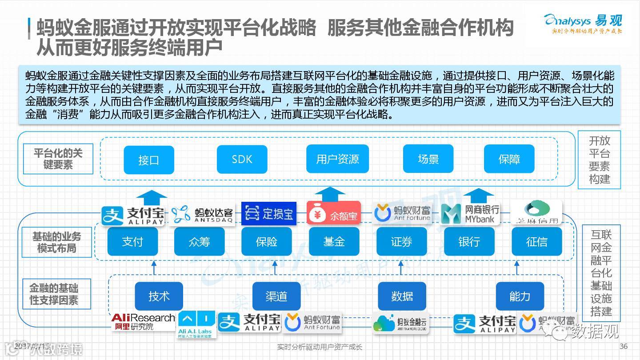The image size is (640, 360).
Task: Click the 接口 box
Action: pos(149,160)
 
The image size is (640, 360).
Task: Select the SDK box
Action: pos(242,159)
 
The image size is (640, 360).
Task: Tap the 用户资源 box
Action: pos(337,159)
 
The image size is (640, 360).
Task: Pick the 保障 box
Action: pos(509,159)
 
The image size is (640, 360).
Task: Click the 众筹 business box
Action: pos(199,241)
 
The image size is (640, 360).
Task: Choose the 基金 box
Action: pos(334,241)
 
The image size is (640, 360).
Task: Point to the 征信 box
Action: pos(536,241)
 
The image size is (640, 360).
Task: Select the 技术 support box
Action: pos(159,296)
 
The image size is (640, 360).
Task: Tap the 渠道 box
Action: pos(276,296)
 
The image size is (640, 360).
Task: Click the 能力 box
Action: pos(520,296)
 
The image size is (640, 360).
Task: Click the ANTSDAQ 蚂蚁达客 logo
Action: pos(202,214)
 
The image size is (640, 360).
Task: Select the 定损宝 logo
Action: pos(268,214)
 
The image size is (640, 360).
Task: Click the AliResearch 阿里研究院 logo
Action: pos(143,321)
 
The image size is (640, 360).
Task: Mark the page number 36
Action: pos(623,346)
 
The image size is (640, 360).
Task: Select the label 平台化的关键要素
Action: pos(58,159)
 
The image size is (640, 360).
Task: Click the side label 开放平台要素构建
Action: pos(599,160)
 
